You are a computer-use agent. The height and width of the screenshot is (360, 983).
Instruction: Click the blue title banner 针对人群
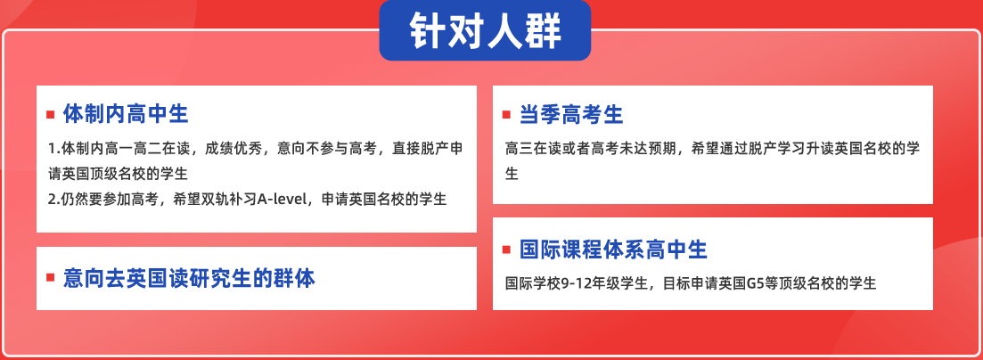tap(485, 30)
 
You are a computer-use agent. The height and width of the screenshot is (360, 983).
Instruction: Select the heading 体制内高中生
tap(126, 114)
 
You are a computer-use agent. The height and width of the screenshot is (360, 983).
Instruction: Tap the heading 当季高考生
tap(571, 115)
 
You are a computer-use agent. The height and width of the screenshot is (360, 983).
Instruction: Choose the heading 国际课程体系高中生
tap(613, 250)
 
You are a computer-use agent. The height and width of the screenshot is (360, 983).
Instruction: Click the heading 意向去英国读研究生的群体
tap(189, 278)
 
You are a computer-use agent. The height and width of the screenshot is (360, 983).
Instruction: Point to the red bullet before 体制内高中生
tap(51, 115)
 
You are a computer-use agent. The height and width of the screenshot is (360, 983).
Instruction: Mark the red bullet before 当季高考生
tap(506, 115)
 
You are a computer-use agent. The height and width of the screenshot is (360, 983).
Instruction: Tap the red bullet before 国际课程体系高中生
tap(506, 250)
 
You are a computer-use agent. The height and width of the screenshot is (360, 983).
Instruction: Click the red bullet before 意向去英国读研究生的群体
tap(51, 278)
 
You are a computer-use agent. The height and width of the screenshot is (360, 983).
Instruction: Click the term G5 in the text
tap(749, 282)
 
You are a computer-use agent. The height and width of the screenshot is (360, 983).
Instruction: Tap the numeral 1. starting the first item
tap(53, 150)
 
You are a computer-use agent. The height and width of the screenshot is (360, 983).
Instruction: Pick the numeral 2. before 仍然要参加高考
tap(53, 200)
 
